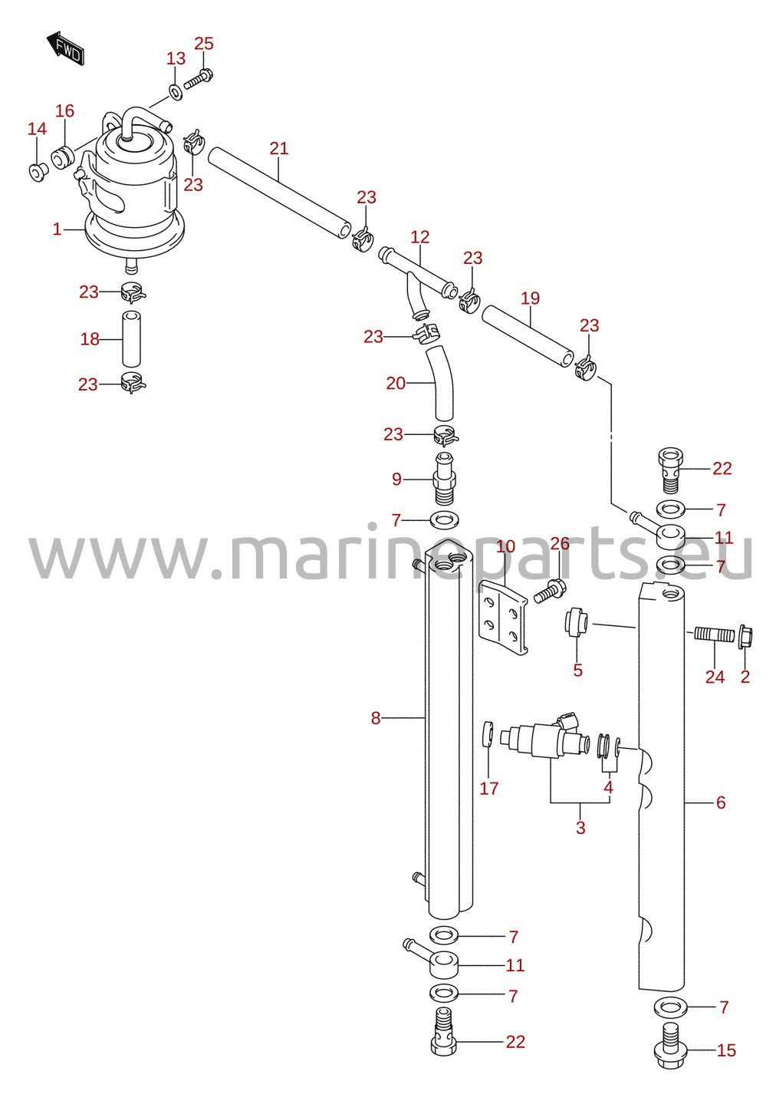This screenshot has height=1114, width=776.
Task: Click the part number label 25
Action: (204, 44)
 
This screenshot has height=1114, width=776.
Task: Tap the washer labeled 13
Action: (175, 91)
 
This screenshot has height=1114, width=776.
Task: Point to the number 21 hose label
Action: (279, 148)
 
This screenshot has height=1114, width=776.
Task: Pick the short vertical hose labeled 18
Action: (132, 338)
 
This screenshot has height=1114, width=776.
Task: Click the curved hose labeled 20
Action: (440, 384)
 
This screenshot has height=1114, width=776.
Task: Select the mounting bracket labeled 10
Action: (503, 617)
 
